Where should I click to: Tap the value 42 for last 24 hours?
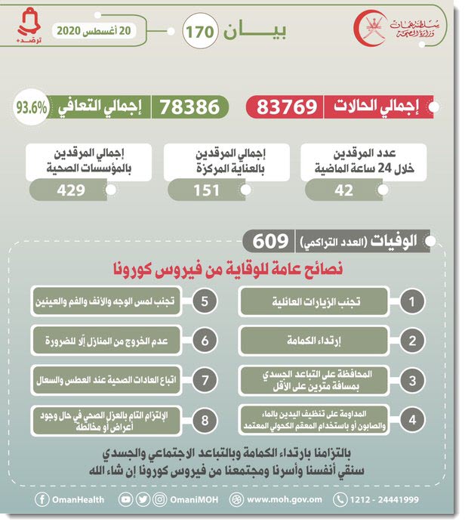[343, 190]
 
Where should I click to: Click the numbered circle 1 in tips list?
[411, 301]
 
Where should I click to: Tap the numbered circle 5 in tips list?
[204, 301]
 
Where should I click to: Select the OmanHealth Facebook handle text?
[72, 499]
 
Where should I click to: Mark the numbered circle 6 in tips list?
[204, 340]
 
